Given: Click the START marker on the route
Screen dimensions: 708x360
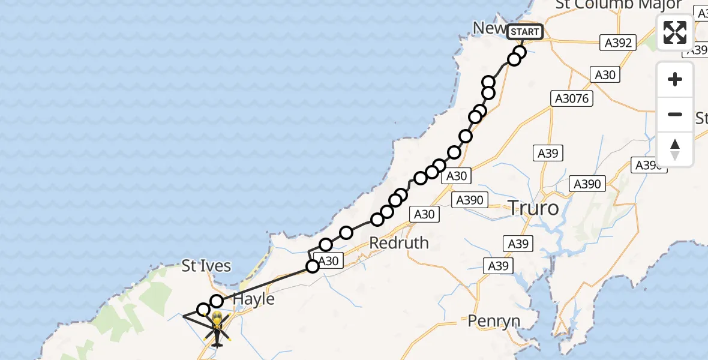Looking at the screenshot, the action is (x=525, y=32).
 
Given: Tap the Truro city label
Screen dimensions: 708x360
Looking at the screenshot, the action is (x=533, y=208).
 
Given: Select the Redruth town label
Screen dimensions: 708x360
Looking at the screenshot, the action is (x=399, y=243).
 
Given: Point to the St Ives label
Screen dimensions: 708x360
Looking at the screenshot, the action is (x=207, y=266).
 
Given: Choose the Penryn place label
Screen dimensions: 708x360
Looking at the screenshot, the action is (x=494, y=321).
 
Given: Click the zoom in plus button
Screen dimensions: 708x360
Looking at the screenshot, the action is (x=675, y=79).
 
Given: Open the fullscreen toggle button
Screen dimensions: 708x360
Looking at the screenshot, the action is (x=675, y=32).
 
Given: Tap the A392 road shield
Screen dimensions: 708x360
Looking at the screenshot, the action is (x=618, y=43).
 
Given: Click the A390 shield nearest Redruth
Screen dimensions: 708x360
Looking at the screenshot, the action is (x=470, y=200).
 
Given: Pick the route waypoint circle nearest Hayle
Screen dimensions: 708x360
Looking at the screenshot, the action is (x=217, y=301).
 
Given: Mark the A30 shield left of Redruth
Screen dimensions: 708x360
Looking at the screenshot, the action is (x=328, y=261).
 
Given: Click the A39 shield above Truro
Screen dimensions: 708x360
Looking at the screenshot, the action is (x=548, y=153).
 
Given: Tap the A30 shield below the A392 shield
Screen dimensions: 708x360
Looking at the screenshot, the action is (x=605, y=74).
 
